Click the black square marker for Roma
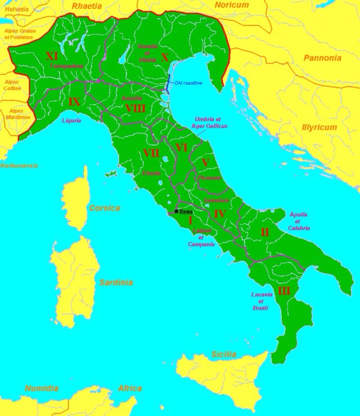coord(177,211)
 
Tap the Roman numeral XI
coord(52,56)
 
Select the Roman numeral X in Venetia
coord(164,57)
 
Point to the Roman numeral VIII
coord(136,108)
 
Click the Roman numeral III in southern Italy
coord(284,291)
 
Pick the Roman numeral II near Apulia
coord(264,232)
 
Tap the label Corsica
coord(105,208)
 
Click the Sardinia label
coord(116,282)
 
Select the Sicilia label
coord(224,354)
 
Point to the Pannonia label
coord(322,58)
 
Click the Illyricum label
coord(318,128)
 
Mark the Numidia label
coord(42,388)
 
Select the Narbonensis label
coord(19,166)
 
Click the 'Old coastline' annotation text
coord(188,83)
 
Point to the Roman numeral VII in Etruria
coord(151,153)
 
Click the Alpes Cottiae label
coord(11,85)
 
